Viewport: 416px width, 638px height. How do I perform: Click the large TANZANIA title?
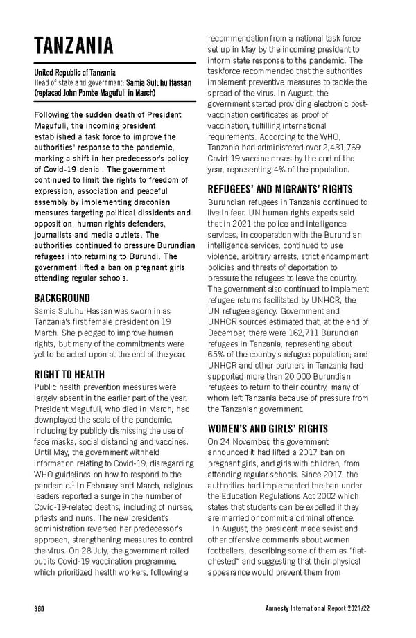(73, 47)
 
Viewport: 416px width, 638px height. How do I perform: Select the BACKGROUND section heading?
(62, 298)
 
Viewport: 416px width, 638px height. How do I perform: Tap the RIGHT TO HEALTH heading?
(69, 374)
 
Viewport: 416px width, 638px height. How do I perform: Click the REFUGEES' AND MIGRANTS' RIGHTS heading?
(280, 189)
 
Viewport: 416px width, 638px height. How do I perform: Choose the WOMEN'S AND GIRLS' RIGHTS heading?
(268, 429)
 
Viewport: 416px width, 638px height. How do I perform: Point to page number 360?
(40, 608)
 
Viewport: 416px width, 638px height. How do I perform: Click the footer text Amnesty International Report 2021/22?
(317, 608)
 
